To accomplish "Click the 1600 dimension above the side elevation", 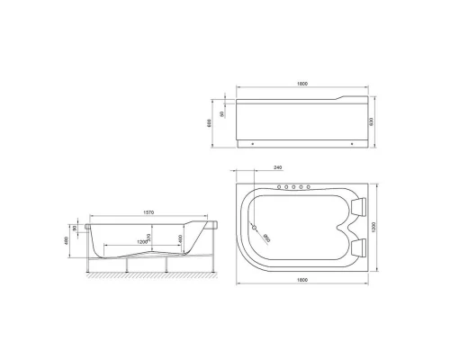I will pyautogui.click(x=303, y=85).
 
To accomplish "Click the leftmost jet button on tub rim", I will pyautogui.click(x=281, y=188).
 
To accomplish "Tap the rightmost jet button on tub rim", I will pyautogui.click(x=310, y=188).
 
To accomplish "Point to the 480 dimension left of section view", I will pyautogui.click(x=65, y=241).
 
